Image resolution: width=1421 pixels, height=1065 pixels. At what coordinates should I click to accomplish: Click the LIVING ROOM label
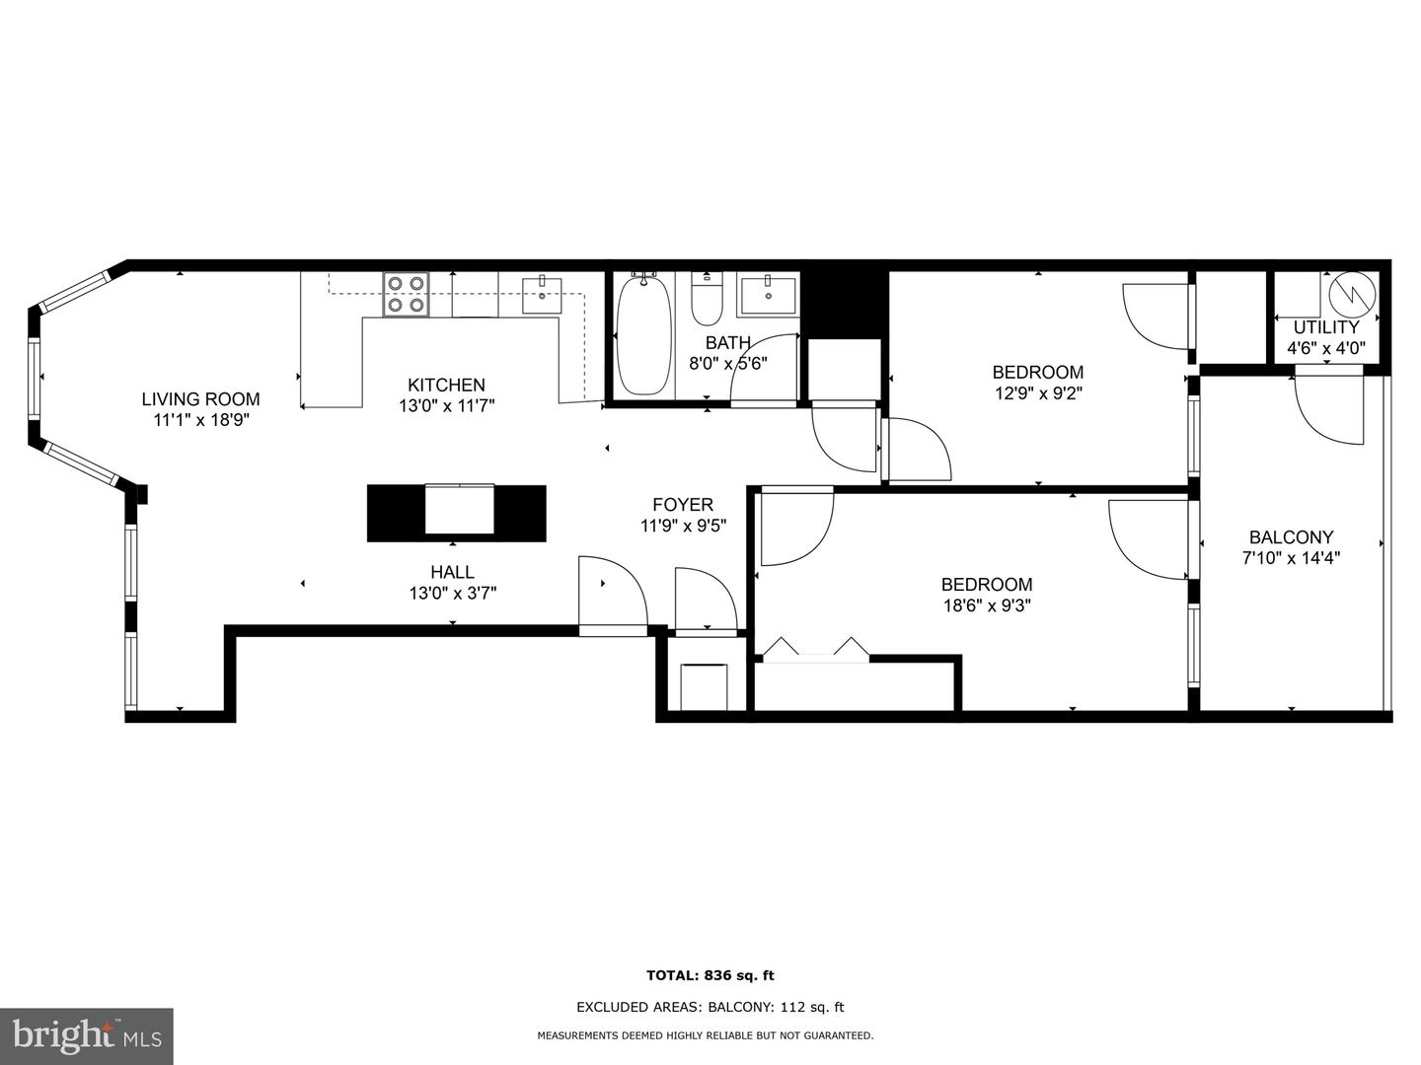(200, 399)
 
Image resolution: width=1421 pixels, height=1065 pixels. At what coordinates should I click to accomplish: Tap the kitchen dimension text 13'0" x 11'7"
(446, 405)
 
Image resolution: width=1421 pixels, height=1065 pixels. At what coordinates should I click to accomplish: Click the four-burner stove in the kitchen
(407, 294)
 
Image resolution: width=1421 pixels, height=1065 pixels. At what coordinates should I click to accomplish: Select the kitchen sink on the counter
(542, 295)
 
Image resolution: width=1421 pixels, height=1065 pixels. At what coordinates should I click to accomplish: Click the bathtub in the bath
(643, 335)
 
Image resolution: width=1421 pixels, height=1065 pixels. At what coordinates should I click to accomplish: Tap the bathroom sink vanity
(768, 295)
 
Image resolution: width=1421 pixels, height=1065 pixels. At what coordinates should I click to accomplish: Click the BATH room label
(727, 343)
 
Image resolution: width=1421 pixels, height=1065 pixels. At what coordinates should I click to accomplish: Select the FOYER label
(683, 505)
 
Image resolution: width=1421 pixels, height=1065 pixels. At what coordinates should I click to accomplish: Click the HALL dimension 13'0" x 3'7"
(452, 594)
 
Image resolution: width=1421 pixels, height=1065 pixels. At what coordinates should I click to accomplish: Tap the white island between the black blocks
(459, 511)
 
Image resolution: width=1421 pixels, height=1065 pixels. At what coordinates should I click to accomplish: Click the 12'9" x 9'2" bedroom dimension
(1037, 393)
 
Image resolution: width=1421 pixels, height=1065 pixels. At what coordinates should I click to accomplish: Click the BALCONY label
(1291, 537)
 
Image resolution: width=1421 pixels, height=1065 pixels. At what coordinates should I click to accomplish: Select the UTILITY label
(1326, 327)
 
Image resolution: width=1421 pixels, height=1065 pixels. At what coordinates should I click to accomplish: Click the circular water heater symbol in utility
(1351, 292)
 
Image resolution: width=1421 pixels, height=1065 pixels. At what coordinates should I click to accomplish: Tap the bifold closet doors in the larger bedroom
(815, 649)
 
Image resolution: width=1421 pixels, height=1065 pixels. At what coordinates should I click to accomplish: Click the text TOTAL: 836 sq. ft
(710, 975)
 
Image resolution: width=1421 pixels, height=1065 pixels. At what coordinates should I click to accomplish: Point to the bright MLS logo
(86, 1036)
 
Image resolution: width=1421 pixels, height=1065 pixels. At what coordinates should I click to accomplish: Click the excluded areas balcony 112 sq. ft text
(710, 1007)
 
